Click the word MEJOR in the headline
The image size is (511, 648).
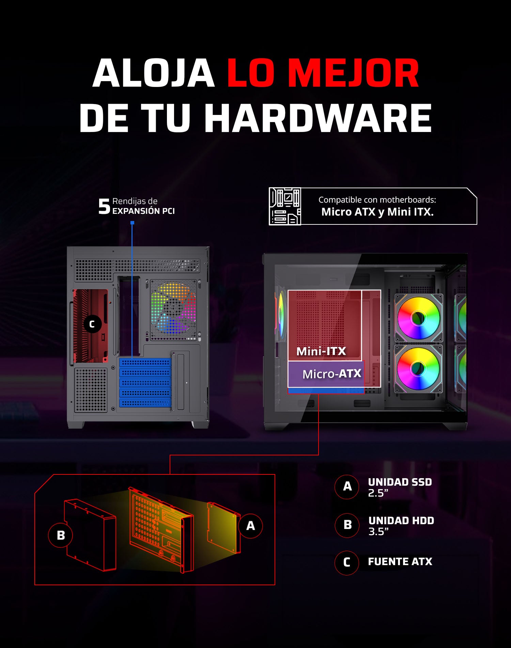[x=356, y=73]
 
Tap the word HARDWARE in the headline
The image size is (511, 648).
[x=318, y=118]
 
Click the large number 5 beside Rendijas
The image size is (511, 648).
[x=104, y=206]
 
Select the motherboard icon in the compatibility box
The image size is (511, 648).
[x=285, y=206]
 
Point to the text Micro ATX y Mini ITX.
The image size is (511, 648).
[x=377, y=212]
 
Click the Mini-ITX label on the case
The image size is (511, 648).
[x=321, y=351]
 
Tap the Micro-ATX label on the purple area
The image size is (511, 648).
[x=332, y=374]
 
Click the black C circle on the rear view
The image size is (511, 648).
[x=92, y=324]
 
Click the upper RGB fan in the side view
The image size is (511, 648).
[x=419, y=318]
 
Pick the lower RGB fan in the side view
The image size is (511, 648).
[x=419, y=369]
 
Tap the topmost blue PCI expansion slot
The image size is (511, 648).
[x=145, y=363]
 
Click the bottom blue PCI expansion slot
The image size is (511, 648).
[x=145, y=403]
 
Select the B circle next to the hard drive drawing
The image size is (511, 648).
[x=61, y=535]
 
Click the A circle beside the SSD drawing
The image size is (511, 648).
[x=250, y=526]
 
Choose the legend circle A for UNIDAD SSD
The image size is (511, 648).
[x=347, y=487]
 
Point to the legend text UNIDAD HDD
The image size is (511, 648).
[x=401, y=520]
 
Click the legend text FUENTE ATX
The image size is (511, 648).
[x=400, y=562]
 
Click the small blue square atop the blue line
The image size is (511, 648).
[x=133, y=223]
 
